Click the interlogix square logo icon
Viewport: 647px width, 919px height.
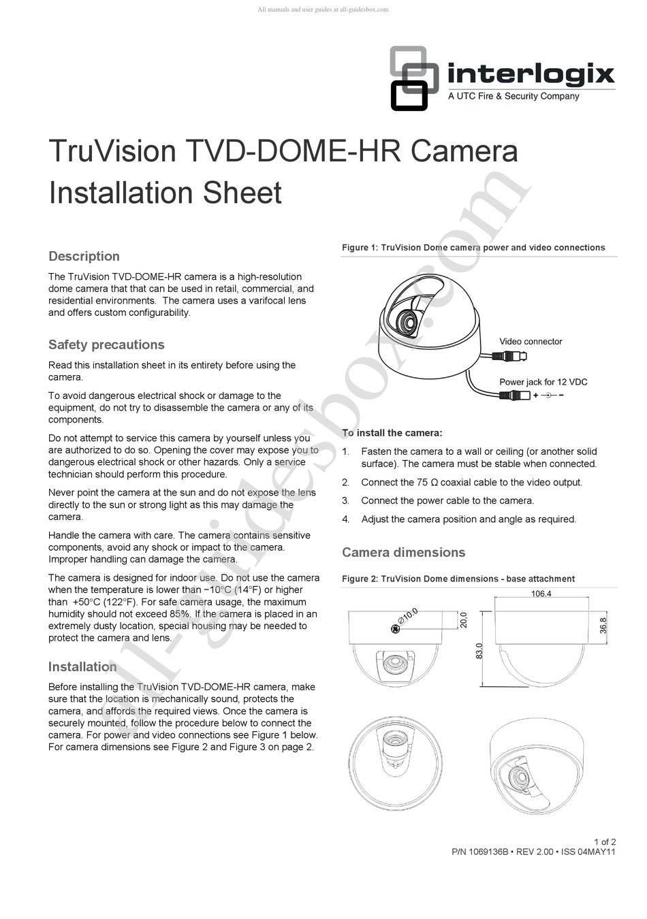tap(413, 78)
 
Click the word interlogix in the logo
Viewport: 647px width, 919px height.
tap(531, 74)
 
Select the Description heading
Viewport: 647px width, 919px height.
tap(84, 257)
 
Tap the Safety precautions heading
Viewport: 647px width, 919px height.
tap(106, 345)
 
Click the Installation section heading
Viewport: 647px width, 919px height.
tap(82, 667)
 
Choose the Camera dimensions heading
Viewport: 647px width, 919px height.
tap(403, 553)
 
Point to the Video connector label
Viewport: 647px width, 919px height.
tap(531, 342)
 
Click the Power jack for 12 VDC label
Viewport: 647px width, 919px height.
tap(543, 382)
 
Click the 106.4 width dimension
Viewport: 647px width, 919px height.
tap(541, 594)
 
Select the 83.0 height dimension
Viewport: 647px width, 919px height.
tap(479, 651)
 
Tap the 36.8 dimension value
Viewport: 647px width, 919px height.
tap(603, 626)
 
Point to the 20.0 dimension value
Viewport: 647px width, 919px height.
tap(463, 620)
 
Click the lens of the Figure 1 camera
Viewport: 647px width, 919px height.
tap(407, 323)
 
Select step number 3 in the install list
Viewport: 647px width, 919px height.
tap(346, 501)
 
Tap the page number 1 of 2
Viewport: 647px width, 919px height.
tap(605, 842)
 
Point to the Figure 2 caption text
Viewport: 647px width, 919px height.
tap(458, 579)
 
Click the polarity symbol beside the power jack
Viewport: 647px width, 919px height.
tap(548, 396)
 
